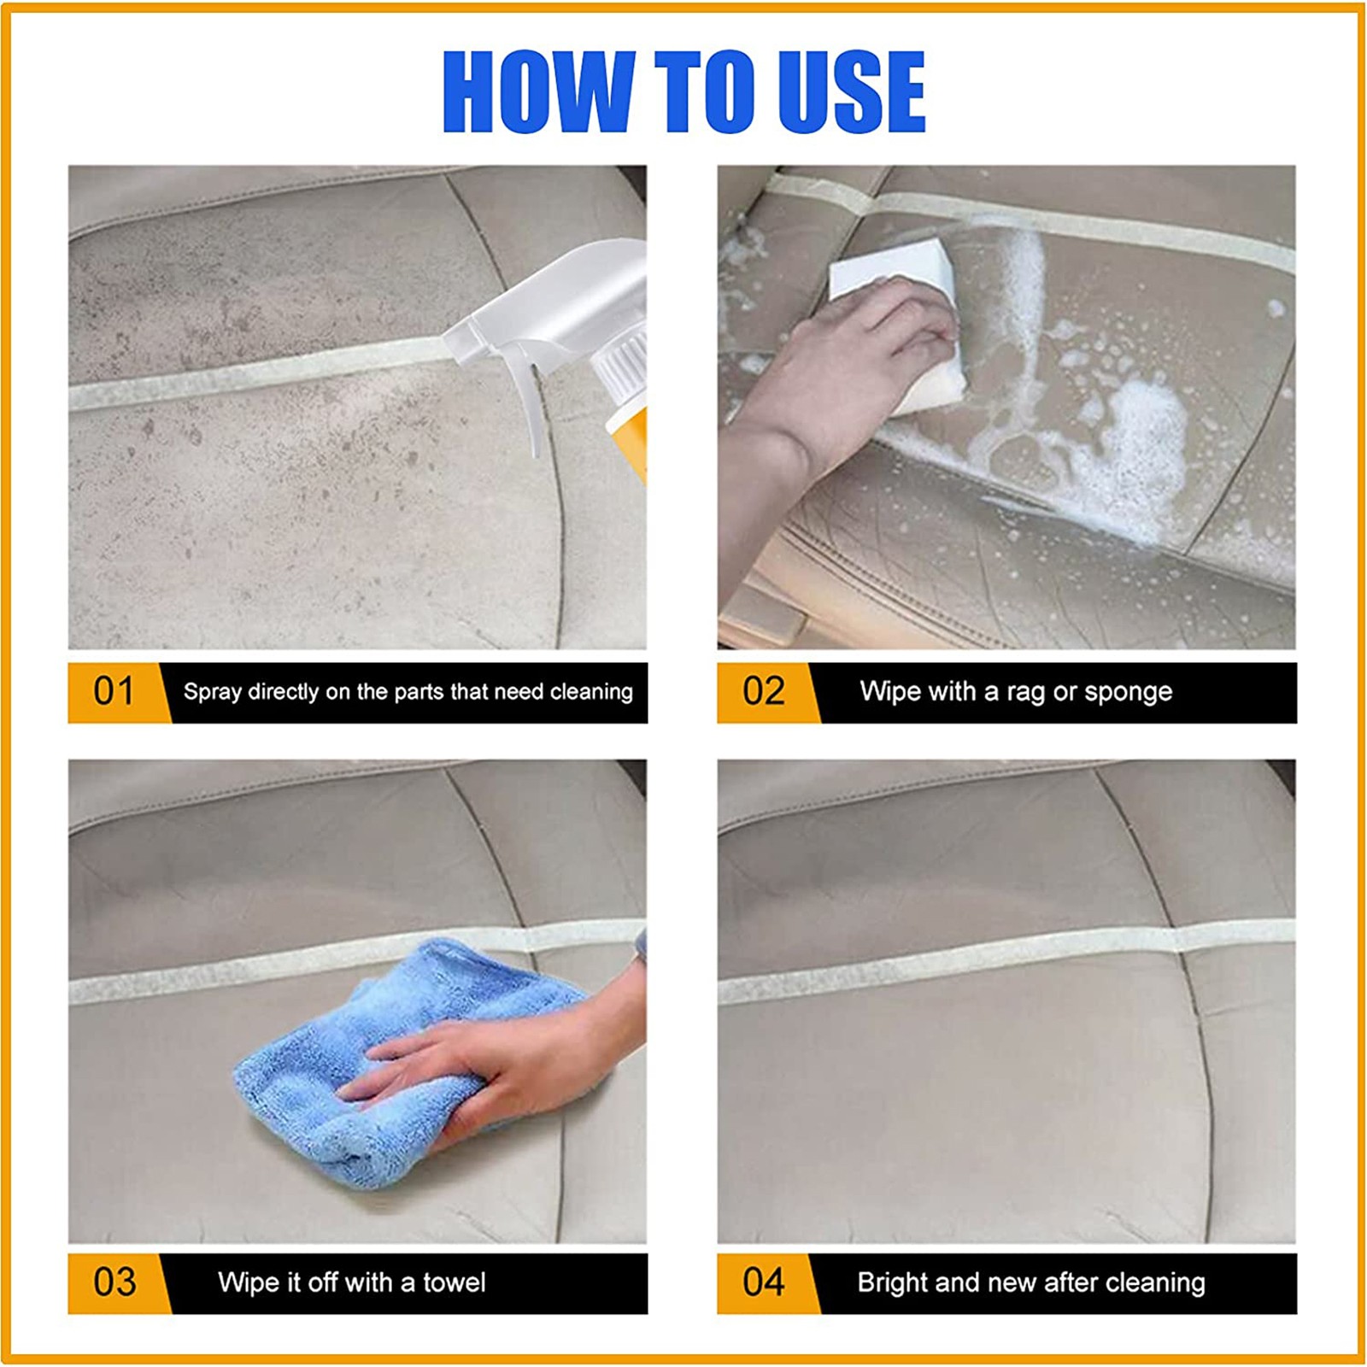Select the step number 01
pos(114,691)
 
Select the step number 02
pos(763,691)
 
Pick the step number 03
pos(114,1282)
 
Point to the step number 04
pos(763,1282)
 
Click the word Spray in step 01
pos(213,692)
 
